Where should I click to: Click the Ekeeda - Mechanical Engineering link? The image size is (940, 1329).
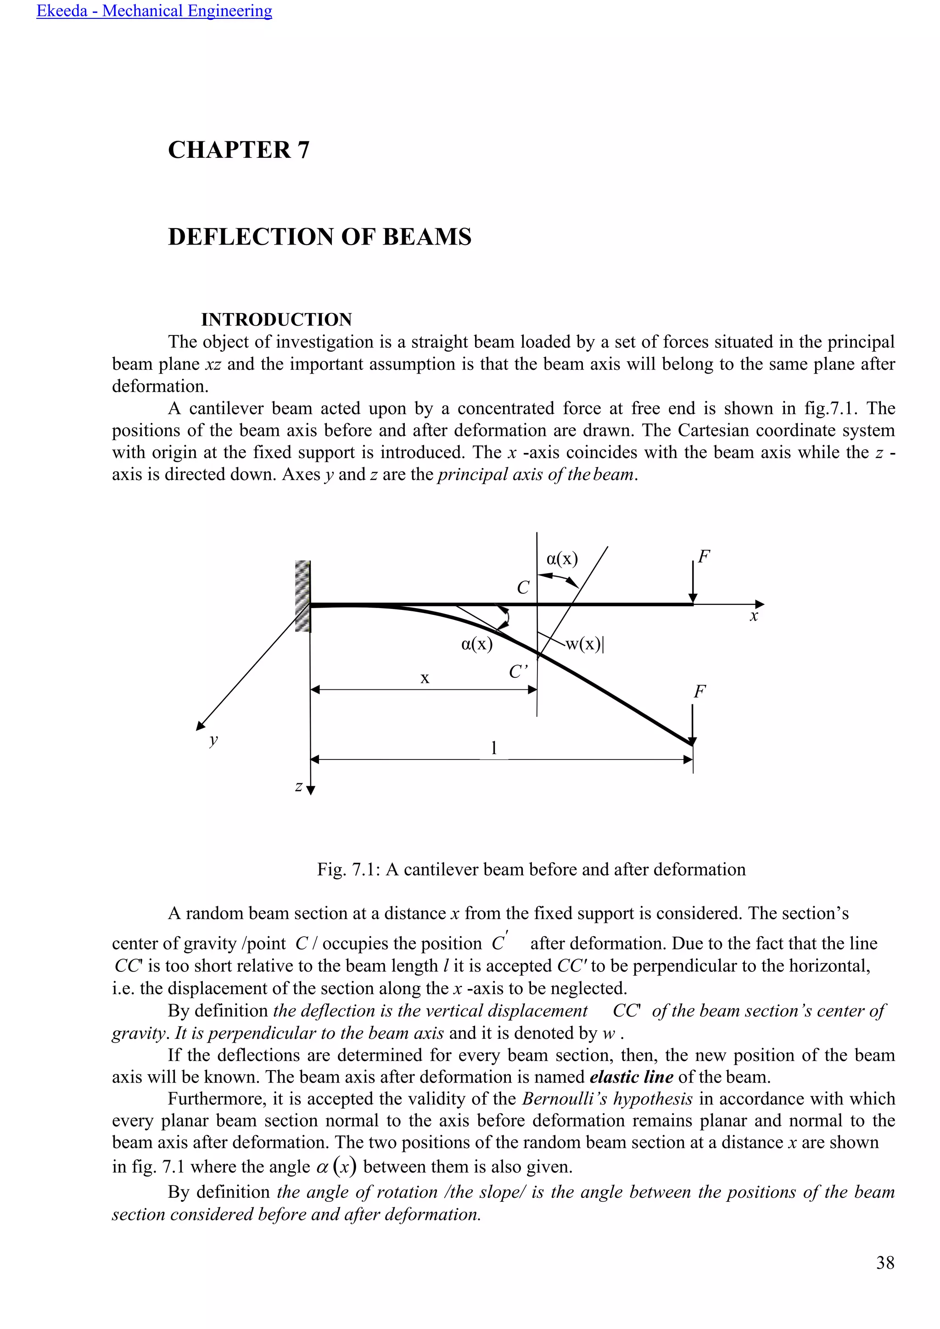click(154, 11)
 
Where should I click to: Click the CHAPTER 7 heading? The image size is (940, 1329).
click(239, 150)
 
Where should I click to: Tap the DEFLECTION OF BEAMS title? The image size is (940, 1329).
click(319, 237)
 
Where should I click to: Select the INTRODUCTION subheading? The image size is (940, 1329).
click(276, 319)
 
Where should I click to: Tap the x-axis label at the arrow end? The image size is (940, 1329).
click(754, 616)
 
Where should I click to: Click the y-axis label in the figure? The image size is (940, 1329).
click(213, 739)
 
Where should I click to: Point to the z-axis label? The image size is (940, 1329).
click(299, 786)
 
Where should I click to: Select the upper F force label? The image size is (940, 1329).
click(704, 557)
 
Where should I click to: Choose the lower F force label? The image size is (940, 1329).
click(700, 692)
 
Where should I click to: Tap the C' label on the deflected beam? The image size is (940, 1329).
click(518, 672)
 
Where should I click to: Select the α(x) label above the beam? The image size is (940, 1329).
click(562, 558)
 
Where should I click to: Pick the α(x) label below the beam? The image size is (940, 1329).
click(477, 644)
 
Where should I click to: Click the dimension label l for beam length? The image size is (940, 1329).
click(494, 748)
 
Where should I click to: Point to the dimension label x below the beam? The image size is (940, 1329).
click(425, 678)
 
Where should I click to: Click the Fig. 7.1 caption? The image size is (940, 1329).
click(531, 870)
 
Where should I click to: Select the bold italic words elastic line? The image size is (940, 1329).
click(631, 1077)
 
